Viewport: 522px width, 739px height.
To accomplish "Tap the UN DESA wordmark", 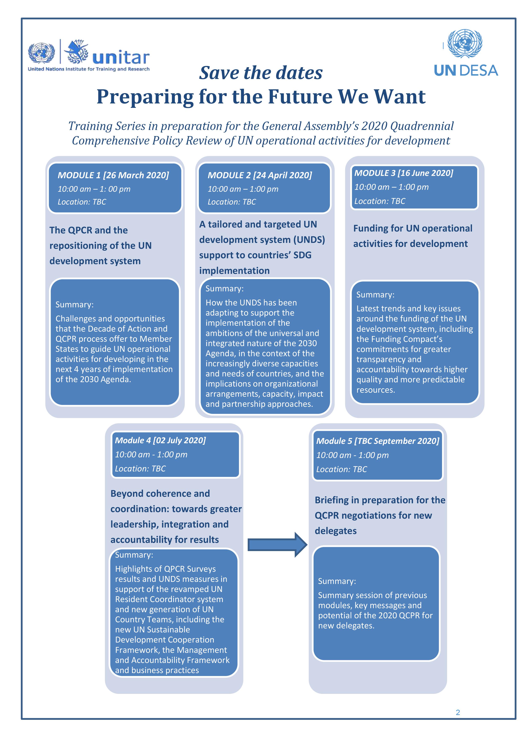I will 466,70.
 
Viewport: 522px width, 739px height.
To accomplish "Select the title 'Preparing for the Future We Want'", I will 261,96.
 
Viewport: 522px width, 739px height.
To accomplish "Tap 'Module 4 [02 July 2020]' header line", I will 160,440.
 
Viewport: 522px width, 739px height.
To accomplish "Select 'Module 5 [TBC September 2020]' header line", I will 378,441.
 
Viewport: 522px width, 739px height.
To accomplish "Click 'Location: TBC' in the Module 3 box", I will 380,201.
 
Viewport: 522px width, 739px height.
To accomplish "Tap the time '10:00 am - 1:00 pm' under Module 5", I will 352,455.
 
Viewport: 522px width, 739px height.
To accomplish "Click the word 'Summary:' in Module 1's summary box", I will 74,304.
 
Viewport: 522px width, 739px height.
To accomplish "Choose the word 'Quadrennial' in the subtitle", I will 422,126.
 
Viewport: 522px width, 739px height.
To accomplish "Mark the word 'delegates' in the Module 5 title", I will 336,531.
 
